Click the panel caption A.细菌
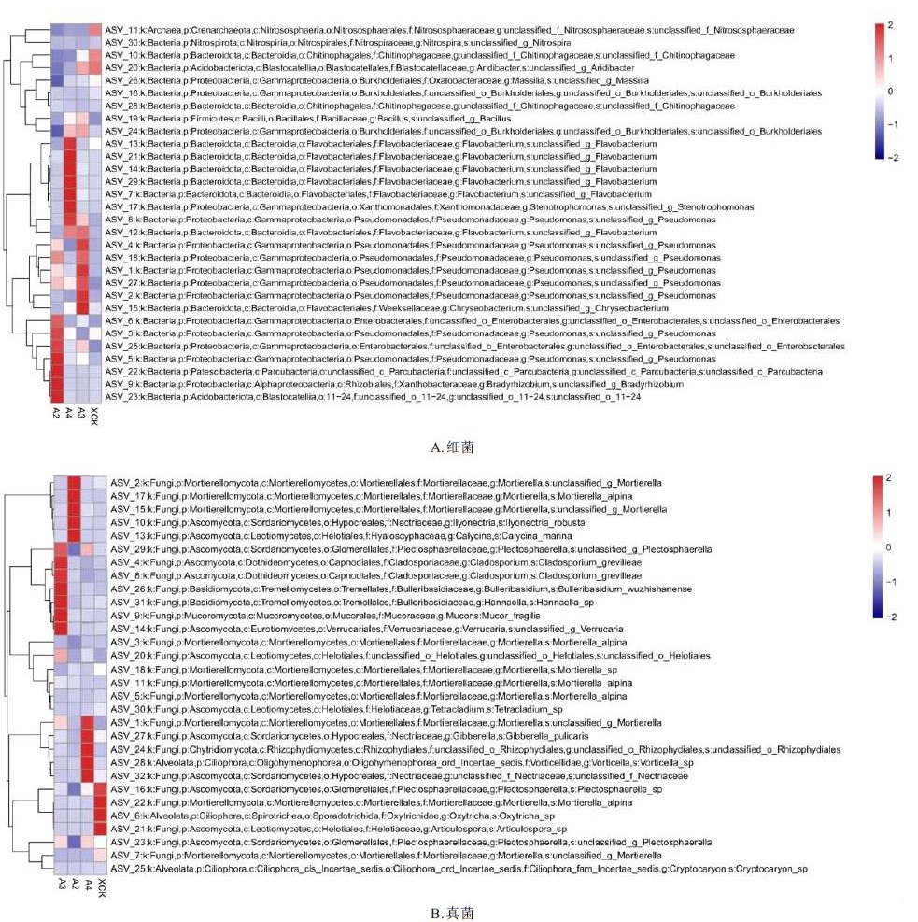tap(452, 447)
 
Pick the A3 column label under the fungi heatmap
tap(61, 885)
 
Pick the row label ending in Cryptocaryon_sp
tap(459, 870)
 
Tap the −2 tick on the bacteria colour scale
tap(894, 158)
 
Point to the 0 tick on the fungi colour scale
tap(887, 546)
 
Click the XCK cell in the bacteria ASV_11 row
tap(94, 30)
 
